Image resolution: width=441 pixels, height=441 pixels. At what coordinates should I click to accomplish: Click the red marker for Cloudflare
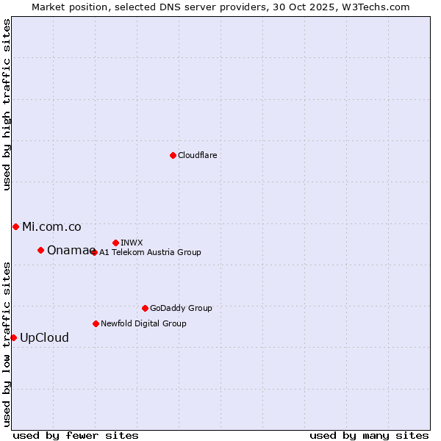[173, 155]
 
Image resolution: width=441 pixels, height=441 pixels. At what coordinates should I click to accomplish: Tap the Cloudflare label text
[198, 155]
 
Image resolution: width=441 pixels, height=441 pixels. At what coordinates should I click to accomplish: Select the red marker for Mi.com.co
[15, 226]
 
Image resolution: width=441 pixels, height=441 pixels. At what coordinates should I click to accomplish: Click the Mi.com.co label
[51, 226]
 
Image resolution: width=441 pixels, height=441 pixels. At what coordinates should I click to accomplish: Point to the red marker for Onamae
[40, 250]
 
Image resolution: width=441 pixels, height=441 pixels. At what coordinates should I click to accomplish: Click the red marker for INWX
[115, 243]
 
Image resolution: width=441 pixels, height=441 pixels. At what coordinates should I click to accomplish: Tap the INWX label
[132, 243]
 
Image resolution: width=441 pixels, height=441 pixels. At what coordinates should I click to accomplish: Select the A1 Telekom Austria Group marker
[93, 252]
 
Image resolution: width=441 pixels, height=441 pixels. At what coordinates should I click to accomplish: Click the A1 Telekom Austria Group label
[150, 252]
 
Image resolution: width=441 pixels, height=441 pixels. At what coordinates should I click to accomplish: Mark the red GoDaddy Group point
[145, 308]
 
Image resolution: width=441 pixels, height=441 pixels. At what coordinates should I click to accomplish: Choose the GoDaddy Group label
[181, 308]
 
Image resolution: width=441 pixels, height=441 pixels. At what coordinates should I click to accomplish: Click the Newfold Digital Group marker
[96, 323]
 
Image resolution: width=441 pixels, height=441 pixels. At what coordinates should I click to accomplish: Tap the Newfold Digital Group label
[143, 323]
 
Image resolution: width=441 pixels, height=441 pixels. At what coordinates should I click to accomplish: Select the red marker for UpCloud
[13, 337]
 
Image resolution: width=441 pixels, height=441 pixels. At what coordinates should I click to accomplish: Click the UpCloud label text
[44, 337]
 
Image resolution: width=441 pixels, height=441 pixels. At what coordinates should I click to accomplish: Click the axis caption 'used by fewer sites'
[76, 435]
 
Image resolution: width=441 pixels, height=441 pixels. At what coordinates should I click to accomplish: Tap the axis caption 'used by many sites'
[369, 435]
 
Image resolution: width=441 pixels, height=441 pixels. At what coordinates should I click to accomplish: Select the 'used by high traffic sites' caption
[7, 104]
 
